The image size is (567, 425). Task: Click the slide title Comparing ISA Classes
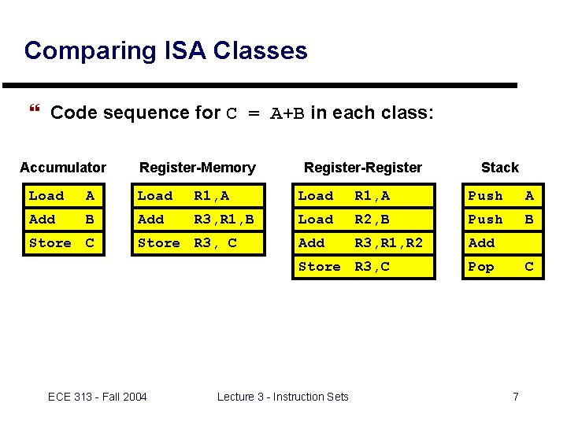(165, 50)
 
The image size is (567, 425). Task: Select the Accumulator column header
(63, 167)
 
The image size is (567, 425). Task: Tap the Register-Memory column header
(197, 167)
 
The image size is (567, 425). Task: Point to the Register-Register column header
(363, 167)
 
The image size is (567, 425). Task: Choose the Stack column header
(500, 167)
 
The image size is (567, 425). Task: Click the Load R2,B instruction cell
(364, 220)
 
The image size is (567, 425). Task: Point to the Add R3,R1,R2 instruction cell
(364, 243)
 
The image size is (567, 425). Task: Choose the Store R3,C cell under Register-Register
(364, 267)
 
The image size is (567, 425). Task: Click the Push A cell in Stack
(502, 196)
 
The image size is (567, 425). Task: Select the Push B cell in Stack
(502, 220)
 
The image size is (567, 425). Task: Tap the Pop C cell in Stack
(502, 267)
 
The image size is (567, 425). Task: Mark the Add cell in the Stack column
(502, 243)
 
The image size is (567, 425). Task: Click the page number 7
(516, 397)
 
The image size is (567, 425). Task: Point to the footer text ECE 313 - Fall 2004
(97, 397)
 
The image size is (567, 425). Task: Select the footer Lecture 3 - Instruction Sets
(283, 397)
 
